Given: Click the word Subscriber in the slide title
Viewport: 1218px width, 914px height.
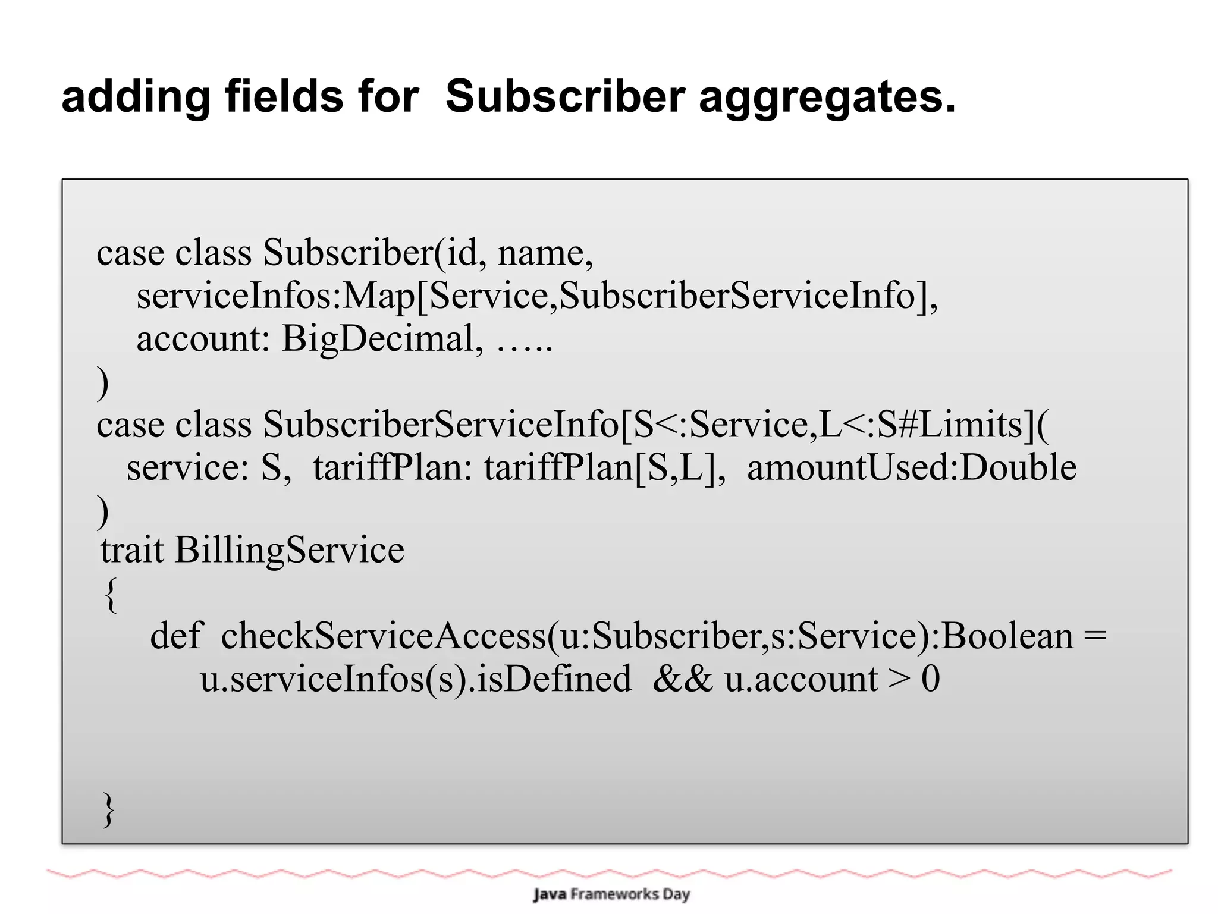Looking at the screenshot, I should (565, 96).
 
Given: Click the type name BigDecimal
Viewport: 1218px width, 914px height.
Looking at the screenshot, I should (378, 340).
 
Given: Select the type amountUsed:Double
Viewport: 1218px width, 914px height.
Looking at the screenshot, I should (911, 467).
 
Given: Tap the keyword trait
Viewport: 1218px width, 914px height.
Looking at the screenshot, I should (131, 549).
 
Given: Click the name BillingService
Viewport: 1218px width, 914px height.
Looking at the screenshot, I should (289, 551).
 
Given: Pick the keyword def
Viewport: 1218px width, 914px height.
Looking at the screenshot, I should (176, 636).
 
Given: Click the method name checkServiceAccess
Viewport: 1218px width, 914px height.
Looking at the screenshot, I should (382, 636).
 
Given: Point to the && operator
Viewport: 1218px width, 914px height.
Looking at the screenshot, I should (682, 679).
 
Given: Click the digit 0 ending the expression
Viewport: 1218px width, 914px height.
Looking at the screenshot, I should (930, 679).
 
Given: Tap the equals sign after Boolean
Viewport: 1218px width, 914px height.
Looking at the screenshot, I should (1095, 636).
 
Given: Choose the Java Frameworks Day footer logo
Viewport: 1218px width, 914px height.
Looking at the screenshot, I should (611, 894).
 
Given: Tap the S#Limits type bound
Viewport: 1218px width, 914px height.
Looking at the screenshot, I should (950, 425).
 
